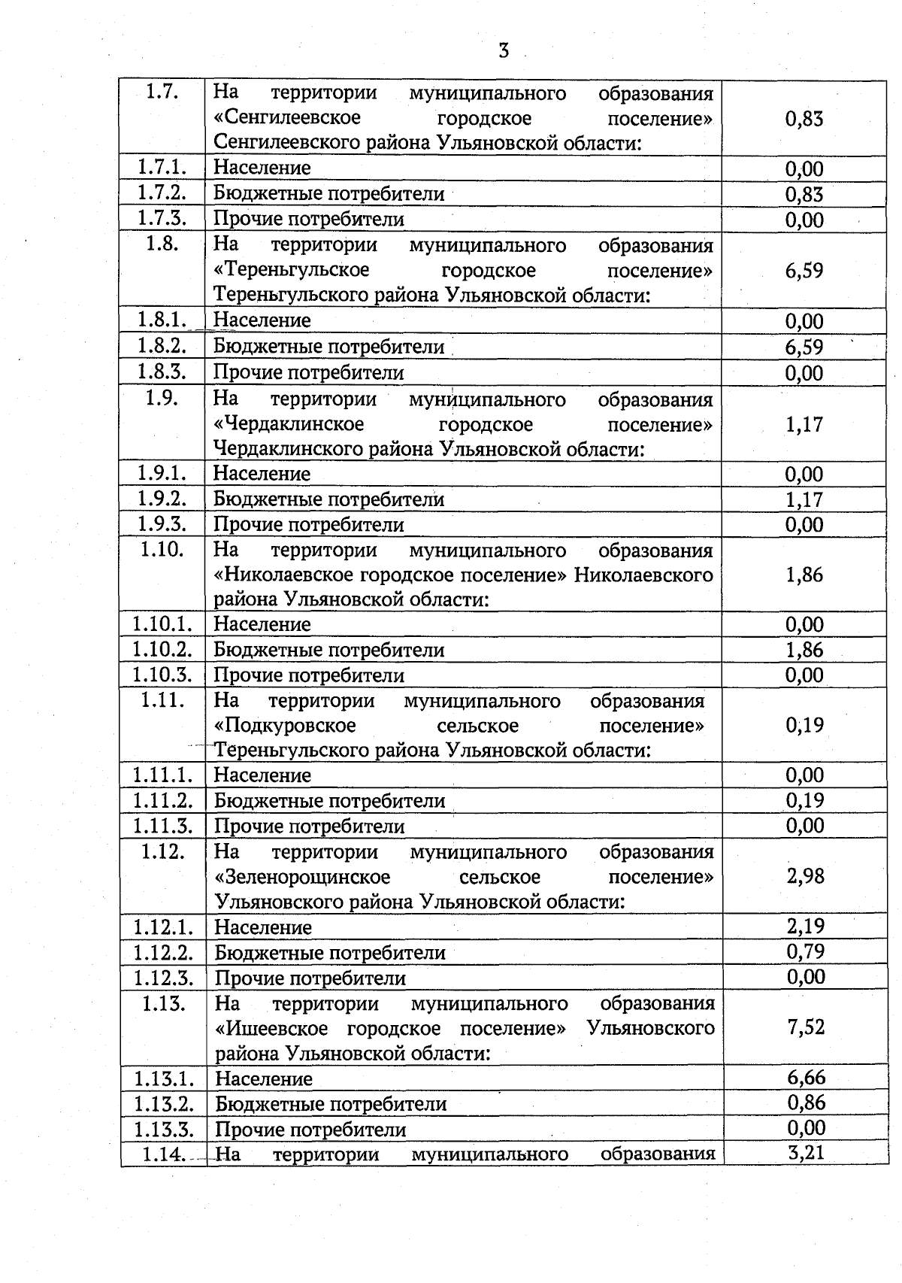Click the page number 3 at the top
[x=504, y=51]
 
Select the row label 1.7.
[x=162, y=93]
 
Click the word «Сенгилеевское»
[x=287, y=118]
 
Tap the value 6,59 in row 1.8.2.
[x=804, y=347]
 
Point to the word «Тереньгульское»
[x=292, y=270]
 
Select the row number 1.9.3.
[x=162, y=524]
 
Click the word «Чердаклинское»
[x=289, y=424]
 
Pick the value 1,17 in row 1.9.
[x=804, y=424]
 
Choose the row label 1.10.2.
[x=162, y=649]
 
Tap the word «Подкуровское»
[x=285, y=726]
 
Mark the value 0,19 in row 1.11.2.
[x=805, y=800]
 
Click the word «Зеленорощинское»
[x=302, y=878]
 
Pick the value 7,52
[x=806, y=1027]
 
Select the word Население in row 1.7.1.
[x=262, y=168]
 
